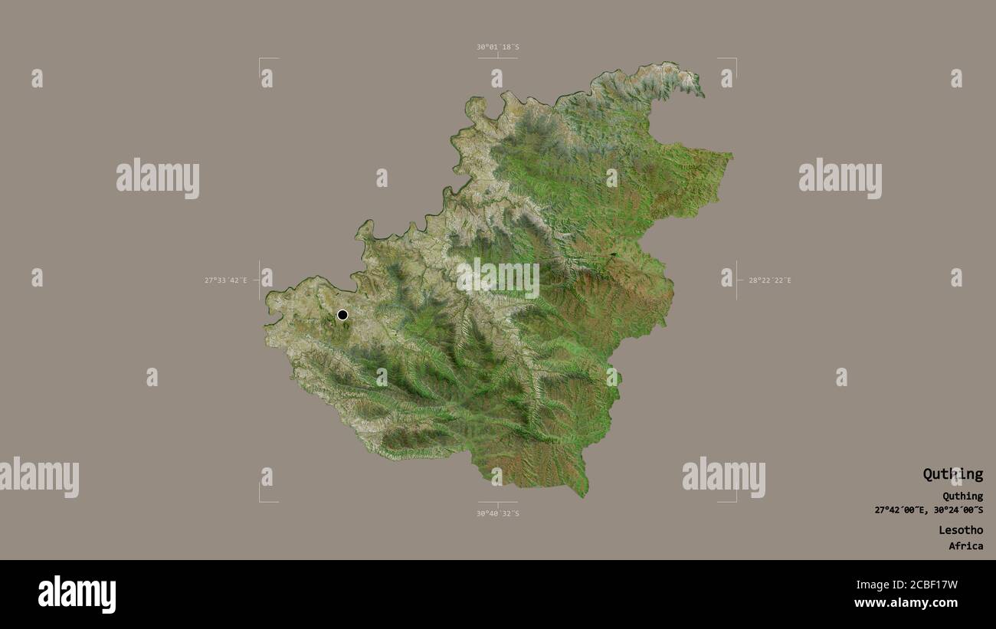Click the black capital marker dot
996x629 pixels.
[342, 315]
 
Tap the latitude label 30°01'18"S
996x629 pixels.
[498, 47]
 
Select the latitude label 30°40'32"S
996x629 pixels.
[498, 513]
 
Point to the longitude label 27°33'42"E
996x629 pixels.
[226, 280]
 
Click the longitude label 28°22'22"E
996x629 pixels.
[770, 280]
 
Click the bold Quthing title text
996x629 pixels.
[952, 474]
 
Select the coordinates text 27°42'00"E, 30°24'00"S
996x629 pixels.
[929, 510]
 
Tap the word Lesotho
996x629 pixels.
[961, 530]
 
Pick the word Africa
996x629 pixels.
[965, 546]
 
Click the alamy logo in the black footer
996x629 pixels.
[77, 595]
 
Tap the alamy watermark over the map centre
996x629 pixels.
[498, 278]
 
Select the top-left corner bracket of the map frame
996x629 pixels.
[260, 59]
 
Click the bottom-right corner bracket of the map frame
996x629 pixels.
[735, 501]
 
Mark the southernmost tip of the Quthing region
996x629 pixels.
[584, 496]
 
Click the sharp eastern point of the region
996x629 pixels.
[732, 157]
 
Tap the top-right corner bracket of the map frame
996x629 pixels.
[735, 59]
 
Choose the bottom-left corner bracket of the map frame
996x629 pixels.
[260, 501]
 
